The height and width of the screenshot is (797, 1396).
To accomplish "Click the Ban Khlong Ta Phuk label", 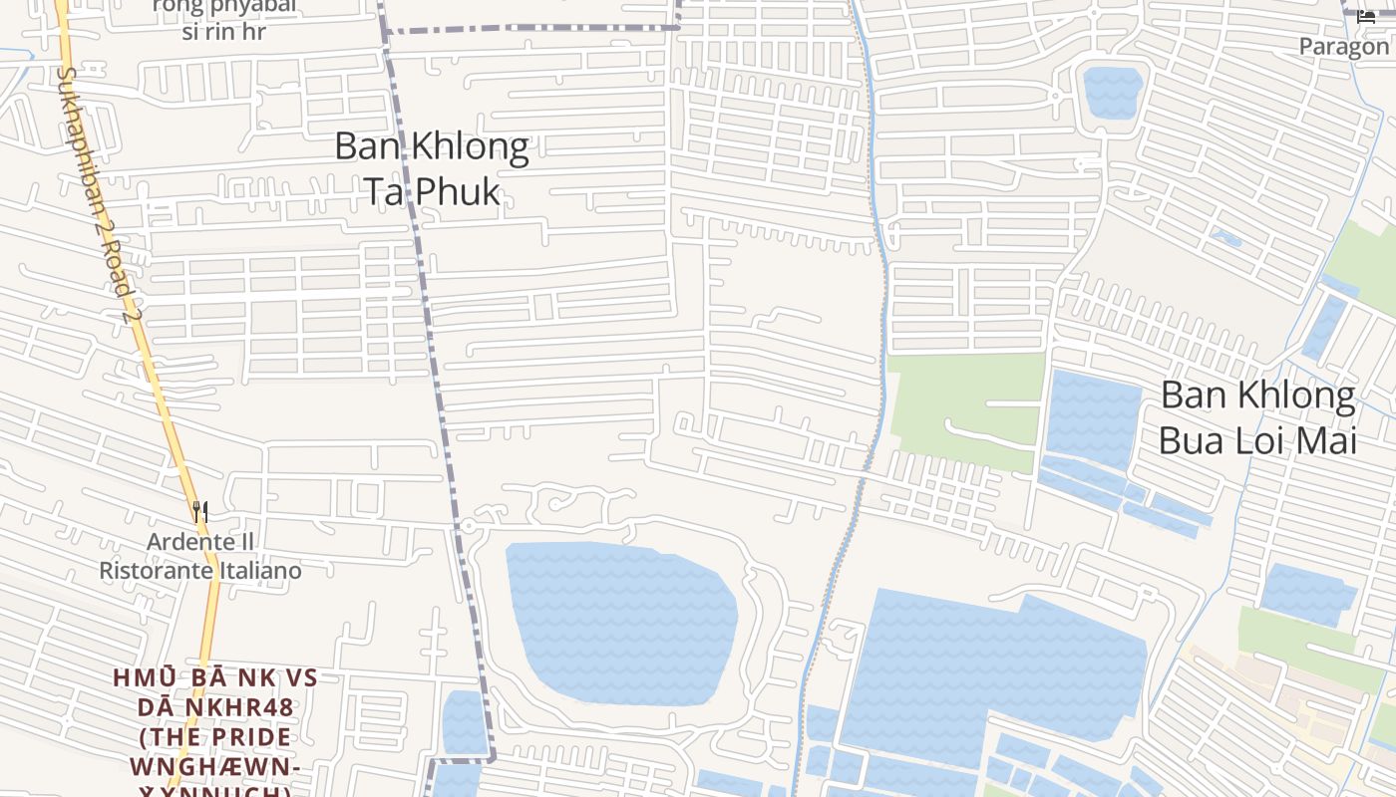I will tap(431, 167).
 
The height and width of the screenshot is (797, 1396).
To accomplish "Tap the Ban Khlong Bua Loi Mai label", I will tap(1257, 416).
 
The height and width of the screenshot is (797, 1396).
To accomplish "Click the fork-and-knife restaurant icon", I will tap(200, 512).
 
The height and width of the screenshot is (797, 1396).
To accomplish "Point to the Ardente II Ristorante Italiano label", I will tap(199, 556).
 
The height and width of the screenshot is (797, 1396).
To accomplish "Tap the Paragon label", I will tap(1343, 46).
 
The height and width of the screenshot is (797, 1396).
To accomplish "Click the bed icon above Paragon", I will tap(1366, 17).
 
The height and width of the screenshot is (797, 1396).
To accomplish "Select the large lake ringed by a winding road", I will tap(620, 623).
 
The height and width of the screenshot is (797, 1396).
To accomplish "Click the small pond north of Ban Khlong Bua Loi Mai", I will tap(1112, 92).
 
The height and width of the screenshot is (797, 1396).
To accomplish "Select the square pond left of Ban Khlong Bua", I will tap(1093, 418).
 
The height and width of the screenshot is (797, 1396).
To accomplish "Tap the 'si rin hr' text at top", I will tap(223, 31).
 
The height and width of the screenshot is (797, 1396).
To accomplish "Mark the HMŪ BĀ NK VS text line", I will tap(214, 678).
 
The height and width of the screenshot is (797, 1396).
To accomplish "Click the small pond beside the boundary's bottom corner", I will tap(464, 722).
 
